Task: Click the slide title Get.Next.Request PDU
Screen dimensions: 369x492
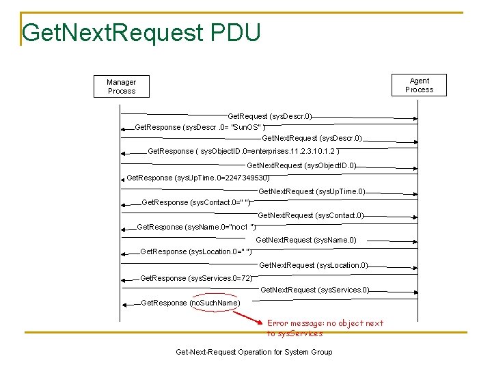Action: pyautogui.click(x=141, y=32)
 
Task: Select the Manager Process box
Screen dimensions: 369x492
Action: pyautogui.click(x=122, y=87)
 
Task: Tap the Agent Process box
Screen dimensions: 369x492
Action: pyautogui.click(x=419, y=85)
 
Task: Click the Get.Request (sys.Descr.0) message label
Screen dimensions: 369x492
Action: pyautogui.click(x=270, y=117)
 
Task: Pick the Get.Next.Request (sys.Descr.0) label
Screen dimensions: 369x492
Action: pyautogui.click(x=312, y=139)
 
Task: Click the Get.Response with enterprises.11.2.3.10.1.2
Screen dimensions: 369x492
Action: pyautogui.click(x=243, y=151)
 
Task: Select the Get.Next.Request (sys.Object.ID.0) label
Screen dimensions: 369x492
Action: pyautogui.click(x=301, y=165)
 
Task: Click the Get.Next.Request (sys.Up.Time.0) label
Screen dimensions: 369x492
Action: pyautogui.click(x=312, y=191)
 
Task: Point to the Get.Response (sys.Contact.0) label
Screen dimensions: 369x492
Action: pyautogui.click(x=195, y=203)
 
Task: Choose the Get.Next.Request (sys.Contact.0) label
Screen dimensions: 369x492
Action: pyautogui.click(x=310, y=216)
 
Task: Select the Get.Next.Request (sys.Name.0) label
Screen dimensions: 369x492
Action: pyautogui.click(x=305, y=240)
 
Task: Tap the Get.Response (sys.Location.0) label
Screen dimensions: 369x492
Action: pyautogui.click(x=195, y=252)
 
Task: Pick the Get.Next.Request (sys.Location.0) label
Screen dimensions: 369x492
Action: pyautogui.click(x=314, y=265)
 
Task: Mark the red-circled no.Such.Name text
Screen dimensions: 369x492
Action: pyautogui.click(x=215, y=303)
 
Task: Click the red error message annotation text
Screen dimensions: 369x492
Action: pyautogui.click(x=325, y=328)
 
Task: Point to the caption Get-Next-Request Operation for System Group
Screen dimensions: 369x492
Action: pyautogui.click(x=254, y=352)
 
